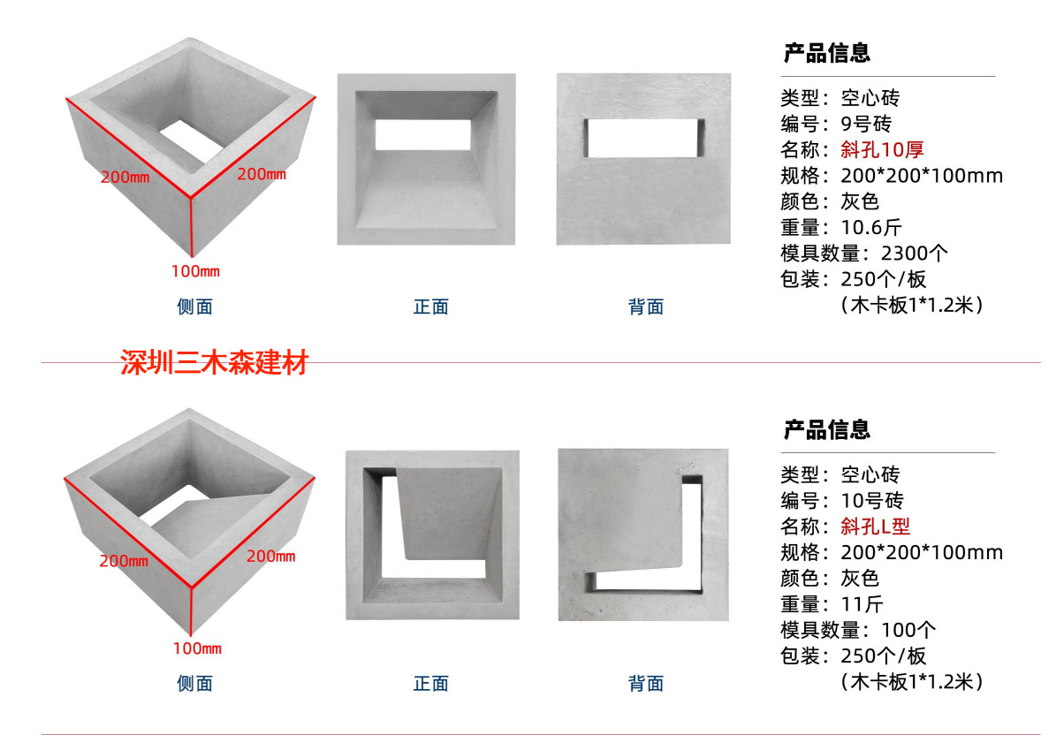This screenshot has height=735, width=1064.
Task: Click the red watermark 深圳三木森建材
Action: pos(214,363)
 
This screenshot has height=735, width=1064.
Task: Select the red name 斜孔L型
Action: pos(875,527)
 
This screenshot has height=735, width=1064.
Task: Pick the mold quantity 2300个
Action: pos(915,254)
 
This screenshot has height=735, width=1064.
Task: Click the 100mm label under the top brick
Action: pos(195,270)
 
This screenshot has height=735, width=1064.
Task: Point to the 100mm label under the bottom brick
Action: pos(196,648)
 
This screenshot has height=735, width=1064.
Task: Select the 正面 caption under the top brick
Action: pos(431,307)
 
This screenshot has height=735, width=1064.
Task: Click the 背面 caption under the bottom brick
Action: pos(646,683)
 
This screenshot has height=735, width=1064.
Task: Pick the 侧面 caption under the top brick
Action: pos(194,307)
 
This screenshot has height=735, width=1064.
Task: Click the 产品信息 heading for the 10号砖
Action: pos(827,430)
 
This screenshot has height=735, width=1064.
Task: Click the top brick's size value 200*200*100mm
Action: pos(922,176)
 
